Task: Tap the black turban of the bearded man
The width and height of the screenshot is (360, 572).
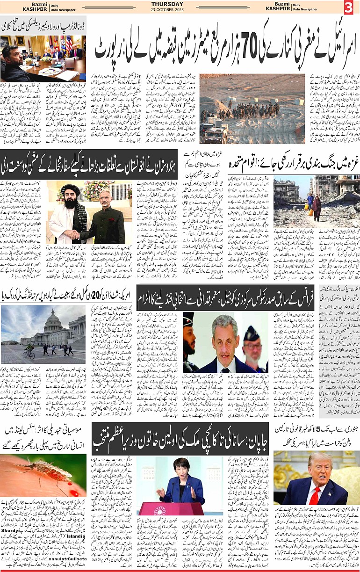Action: click(x=69, y=188)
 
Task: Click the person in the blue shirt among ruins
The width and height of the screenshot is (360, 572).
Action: click(x=310, y=200)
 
